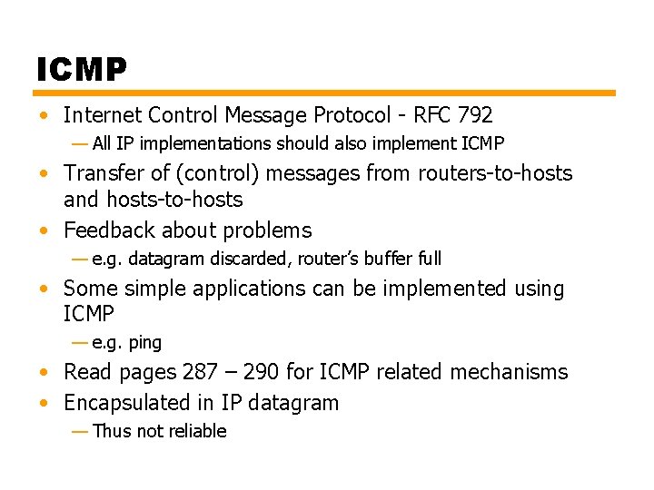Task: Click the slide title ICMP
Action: pyautogui.click(x=82, y=68)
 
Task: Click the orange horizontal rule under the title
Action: pyautogui.click(x=325, y=93)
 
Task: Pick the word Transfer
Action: pyautogui.click(x=102, y=173)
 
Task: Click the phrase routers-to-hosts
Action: pyautogui.click(x=495, y=173)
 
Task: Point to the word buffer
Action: pyautogui.click(x=388, y=259)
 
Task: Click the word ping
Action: pyautogui.click(x=145, y=343)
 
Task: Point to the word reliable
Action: pyautogui.click(x=197, y=431)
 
